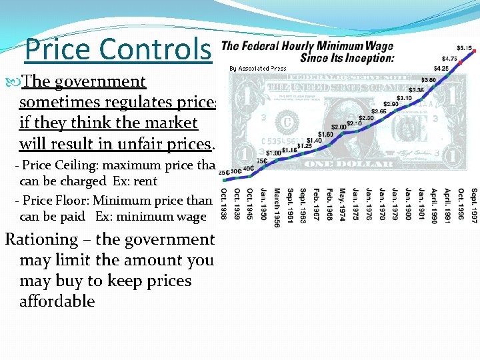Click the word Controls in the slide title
coord(158,49)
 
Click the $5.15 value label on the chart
coord(465,48)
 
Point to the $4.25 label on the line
coord(441,68)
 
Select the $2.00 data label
coord(339,127)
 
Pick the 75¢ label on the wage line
coord(262,160)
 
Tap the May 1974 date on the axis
coord(342,203)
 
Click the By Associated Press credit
coord(258,68)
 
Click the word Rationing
coord(41,239)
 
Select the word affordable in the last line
coord(57,301)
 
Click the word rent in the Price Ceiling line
coord(145,181)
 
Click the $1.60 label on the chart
coord(325,134)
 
